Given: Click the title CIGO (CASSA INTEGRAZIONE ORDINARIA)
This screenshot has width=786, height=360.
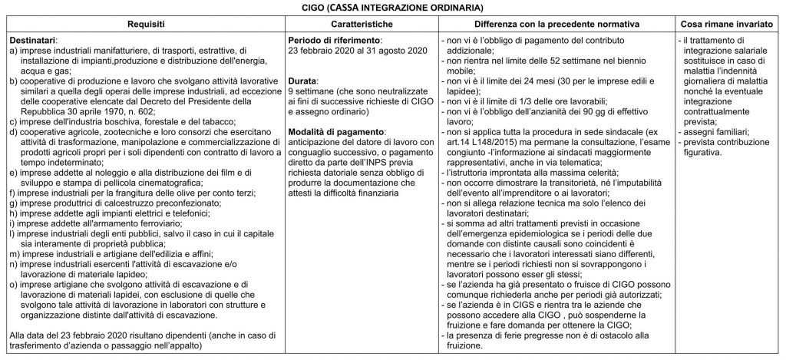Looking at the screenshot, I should [x=393, y=8].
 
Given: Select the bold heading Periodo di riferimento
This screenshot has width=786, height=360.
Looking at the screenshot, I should [x=334, y=39].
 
